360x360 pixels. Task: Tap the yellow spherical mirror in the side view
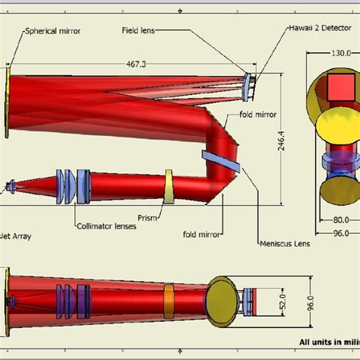click(x=8, y=103)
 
